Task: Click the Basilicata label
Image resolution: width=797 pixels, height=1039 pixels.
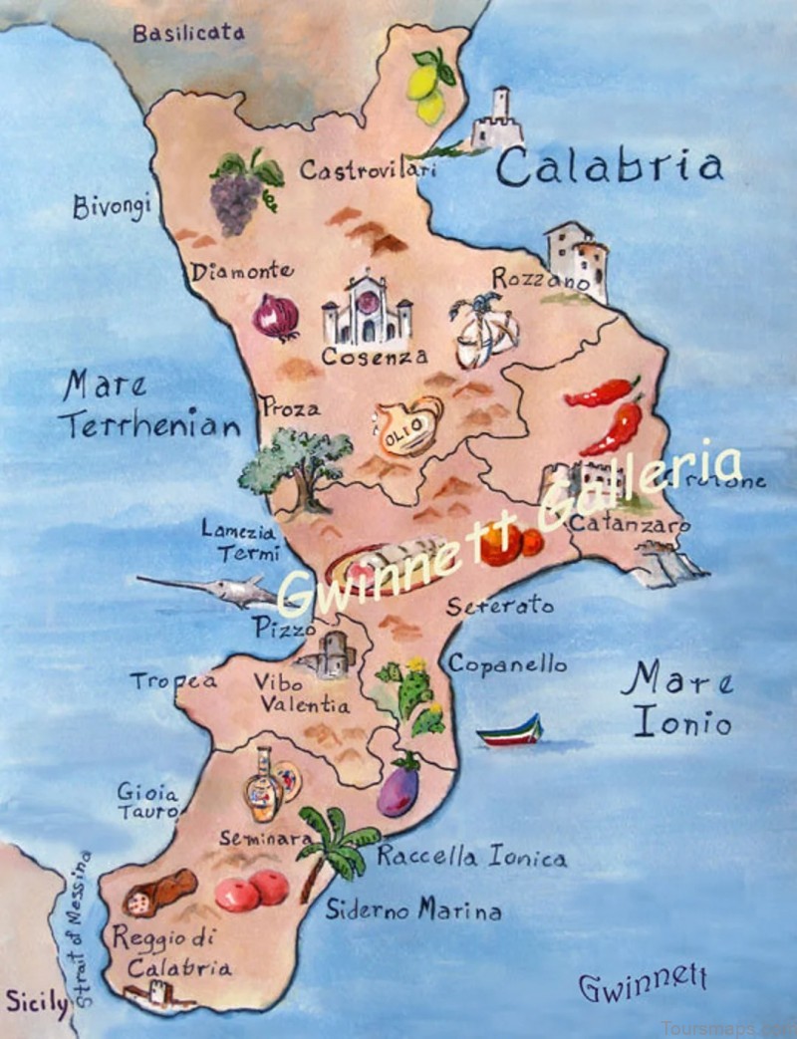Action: coord(188,33)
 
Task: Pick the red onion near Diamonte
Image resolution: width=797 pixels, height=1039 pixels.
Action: coord(275,317)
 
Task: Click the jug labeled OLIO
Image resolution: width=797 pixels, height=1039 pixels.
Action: coord(407,427)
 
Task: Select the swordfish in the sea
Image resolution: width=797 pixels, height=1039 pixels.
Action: coord(208,590)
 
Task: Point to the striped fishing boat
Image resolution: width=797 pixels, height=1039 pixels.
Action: coord(509,732)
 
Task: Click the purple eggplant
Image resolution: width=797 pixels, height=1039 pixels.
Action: coord(398,788)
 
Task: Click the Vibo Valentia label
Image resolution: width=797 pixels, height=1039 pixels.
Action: coord(300,693)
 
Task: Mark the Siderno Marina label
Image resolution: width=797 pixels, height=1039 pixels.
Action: coord(413,909)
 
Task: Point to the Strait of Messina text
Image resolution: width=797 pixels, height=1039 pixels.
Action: coord(84,927)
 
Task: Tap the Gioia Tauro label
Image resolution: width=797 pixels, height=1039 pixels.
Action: coord(147,801)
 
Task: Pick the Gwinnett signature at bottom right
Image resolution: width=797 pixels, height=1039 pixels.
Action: coord(643,985)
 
